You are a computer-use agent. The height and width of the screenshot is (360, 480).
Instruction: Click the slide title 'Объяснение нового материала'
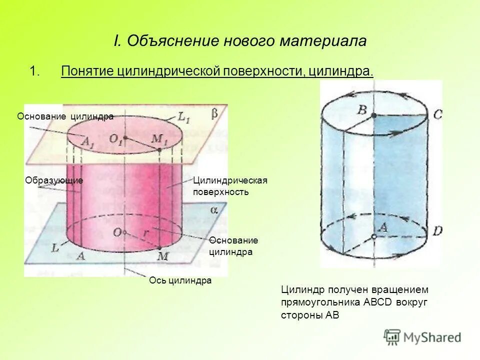[240, 41]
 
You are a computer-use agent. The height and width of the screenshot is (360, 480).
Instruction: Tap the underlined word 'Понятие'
[87, 71]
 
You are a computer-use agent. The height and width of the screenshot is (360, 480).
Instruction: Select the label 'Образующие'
[53, 180]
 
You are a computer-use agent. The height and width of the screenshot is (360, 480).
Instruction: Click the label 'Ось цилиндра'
[180, 280]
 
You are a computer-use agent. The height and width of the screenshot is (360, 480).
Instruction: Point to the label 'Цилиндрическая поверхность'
[230, 186]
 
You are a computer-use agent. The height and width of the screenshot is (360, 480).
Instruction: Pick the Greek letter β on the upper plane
[214, 114]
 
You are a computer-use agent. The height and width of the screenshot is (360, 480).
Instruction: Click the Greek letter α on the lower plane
[213, 210]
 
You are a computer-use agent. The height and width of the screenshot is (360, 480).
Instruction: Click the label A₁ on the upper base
[87, 143]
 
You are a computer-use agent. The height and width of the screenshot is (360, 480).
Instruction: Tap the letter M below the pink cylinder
[162, 256]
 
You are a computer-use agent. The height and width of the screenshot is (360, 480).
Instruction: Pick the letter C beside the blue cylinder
[437, 115]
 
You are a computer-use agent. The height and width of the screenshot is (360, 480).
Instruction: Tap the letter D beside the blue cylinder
[437, 231]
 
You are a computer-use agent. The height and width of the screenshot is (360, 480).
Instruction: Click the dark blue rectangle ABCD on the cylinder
[400, 175]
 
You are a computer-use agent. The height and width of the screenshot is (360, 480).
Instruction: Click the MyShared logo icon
[392, 336]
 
